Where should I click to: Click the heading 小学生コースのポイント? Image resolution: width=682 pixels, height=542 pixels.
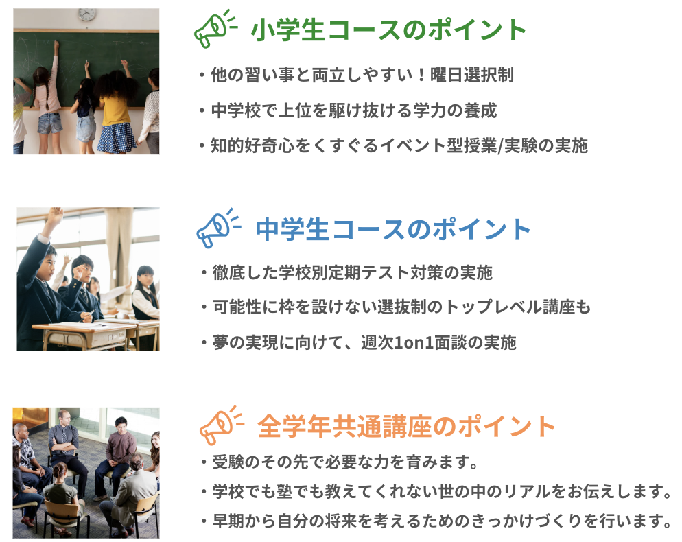click(x=388, y=30)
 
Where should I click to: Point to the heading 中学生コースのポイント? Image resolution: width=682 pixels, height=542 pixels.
click(x=392, y=229)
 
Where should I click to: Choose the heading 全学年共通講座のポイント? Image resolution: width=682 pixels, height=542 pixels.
click(x=405, y=426)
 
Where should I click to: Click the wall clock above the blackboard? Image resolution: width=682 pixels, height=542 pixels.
click(x=87, y=14)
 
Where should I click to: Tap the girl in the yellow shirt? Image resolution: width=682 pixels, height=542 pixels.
click(x=115, y=109)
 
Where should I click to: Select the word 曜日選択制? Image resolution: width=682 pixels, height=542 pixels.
click(x=472, y=75)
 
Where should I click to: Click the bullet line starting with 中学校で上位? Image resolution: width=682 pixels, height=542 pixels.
click(x=349, y=110)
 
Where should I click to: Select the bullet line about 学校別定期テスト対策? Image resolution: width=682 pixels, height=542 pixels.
click(x=346, y=273)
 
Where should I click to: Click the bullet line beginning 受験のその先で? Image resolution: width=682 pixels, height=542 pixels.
click(x=339, y=462)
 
